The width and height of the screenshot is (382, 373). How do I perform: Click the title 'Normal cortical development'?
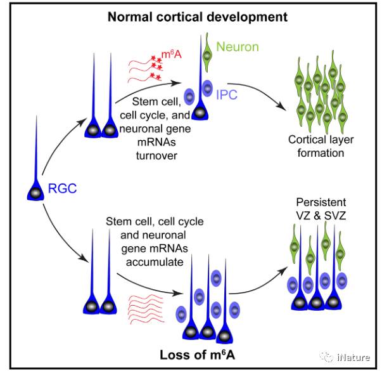(188, 15)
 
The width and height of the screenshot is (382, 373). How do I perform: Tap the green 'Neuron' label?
(236, 46)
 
